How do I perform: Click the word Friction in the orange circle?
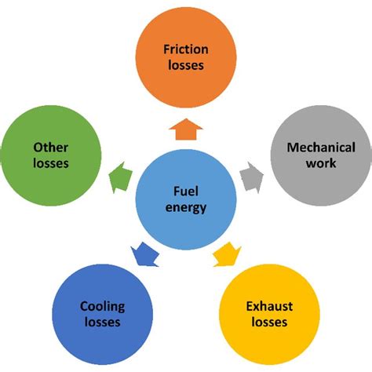click(185, 49)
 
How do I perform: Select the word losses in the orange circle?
click(185, 65)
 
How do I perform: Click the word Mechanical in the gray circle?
click(321, 148)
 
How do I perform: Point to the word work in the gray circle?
click(321, 163)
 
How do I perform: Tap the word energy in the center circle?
click(185, 208)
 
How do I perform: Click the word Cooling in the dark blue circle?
click(103, 306)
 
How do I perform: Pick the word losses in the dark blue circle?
click(103, 322)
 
